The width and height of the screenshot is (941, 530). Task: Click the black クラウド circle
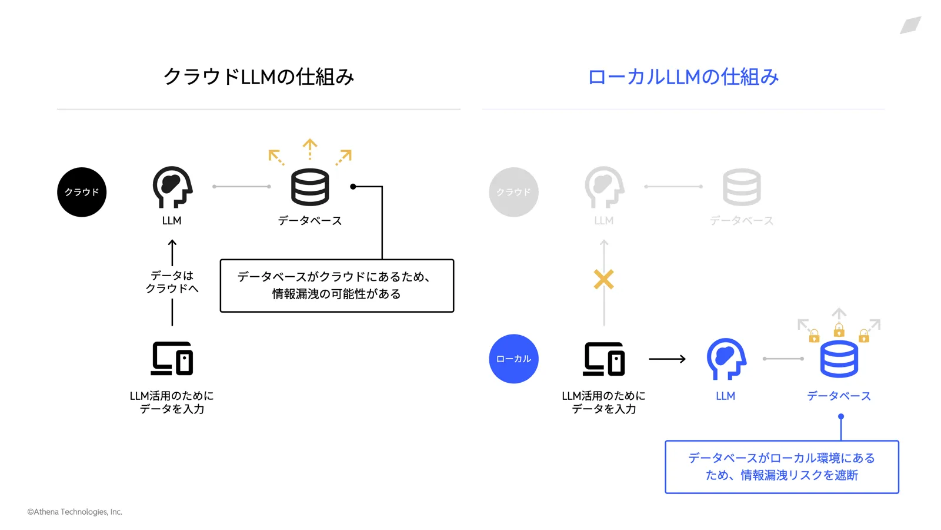coord(82,192)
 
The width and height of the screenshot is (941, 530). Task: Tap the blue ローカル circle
coord(513,359)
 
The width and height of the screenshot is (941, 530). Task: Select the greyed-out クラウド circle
coord(513,192)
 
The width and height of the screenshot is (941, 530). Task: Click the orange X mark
coord(603,279)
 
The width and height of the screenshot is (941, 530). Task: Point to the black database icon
coord(310,187)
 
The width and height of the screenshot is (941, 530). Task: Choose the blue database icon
coord(839,359)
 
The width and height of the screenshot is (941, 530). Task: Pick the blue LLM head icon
coord(726,358)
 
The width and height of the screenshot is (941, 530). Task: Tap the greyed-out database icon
coord(742,187)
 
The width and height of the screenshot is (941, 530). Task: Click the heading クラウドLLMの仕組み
coord(259,77)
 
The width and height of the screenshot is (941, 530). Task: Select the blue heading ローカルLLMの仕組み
coord(683,77)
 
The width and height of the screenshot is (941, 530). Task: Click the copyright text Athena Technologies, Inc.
coord(75,512)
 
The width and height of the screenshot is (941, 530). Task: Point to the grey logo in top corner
coord(910,25)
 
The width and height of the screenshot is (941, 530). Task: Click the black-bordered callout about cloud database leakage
coord(336,286)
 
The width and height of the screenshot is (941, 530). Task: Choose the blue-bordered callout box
coord(782,466)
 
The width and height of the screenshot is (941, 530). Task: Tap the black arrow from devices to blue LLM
coord(667,359)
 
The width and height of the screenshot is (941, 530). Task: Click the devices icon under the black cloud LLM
coord(172,358)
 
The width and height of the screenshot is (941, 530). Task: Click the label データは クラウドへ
coord(172,281)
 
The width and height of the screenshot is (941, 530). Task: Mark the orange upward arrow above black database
coord(310,148)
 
